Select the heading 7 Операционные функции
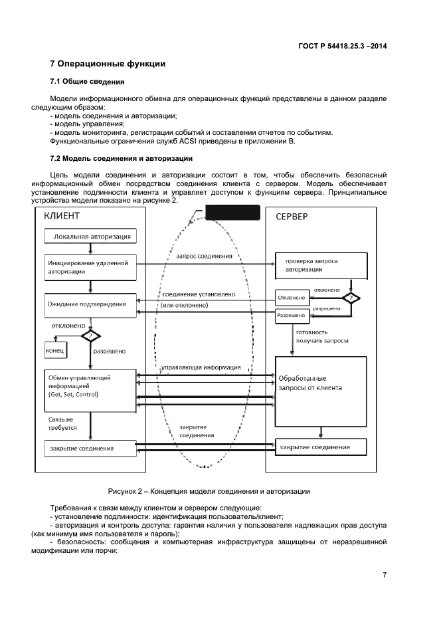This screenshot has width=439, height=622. click(x=108, y=64)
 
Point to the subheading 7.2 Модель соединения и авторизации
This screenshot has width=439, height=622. click(x=122, y=159)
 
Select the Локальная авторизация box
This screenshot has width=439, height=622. click(x=91, y=236)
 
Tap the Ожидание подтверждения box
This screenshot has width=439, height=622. click(x=91, y=304)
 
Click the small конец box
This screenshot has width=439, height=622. click(x=54, y=350)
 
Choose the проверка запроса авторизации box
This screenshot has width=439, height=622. click(x=320, y=266)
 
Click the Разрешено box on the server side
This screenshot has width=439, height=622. click(x=292, y=316)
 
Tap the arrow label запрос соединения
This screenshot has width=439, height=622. click(x=205, y=257)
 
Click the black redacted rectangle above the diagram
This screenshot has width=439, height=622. click(x=232, y=213)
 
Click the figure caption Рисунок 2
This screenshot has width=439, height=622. click(x=219, y=492)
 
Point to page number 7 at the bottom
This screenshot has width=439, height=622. click(x=384, y=575)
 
